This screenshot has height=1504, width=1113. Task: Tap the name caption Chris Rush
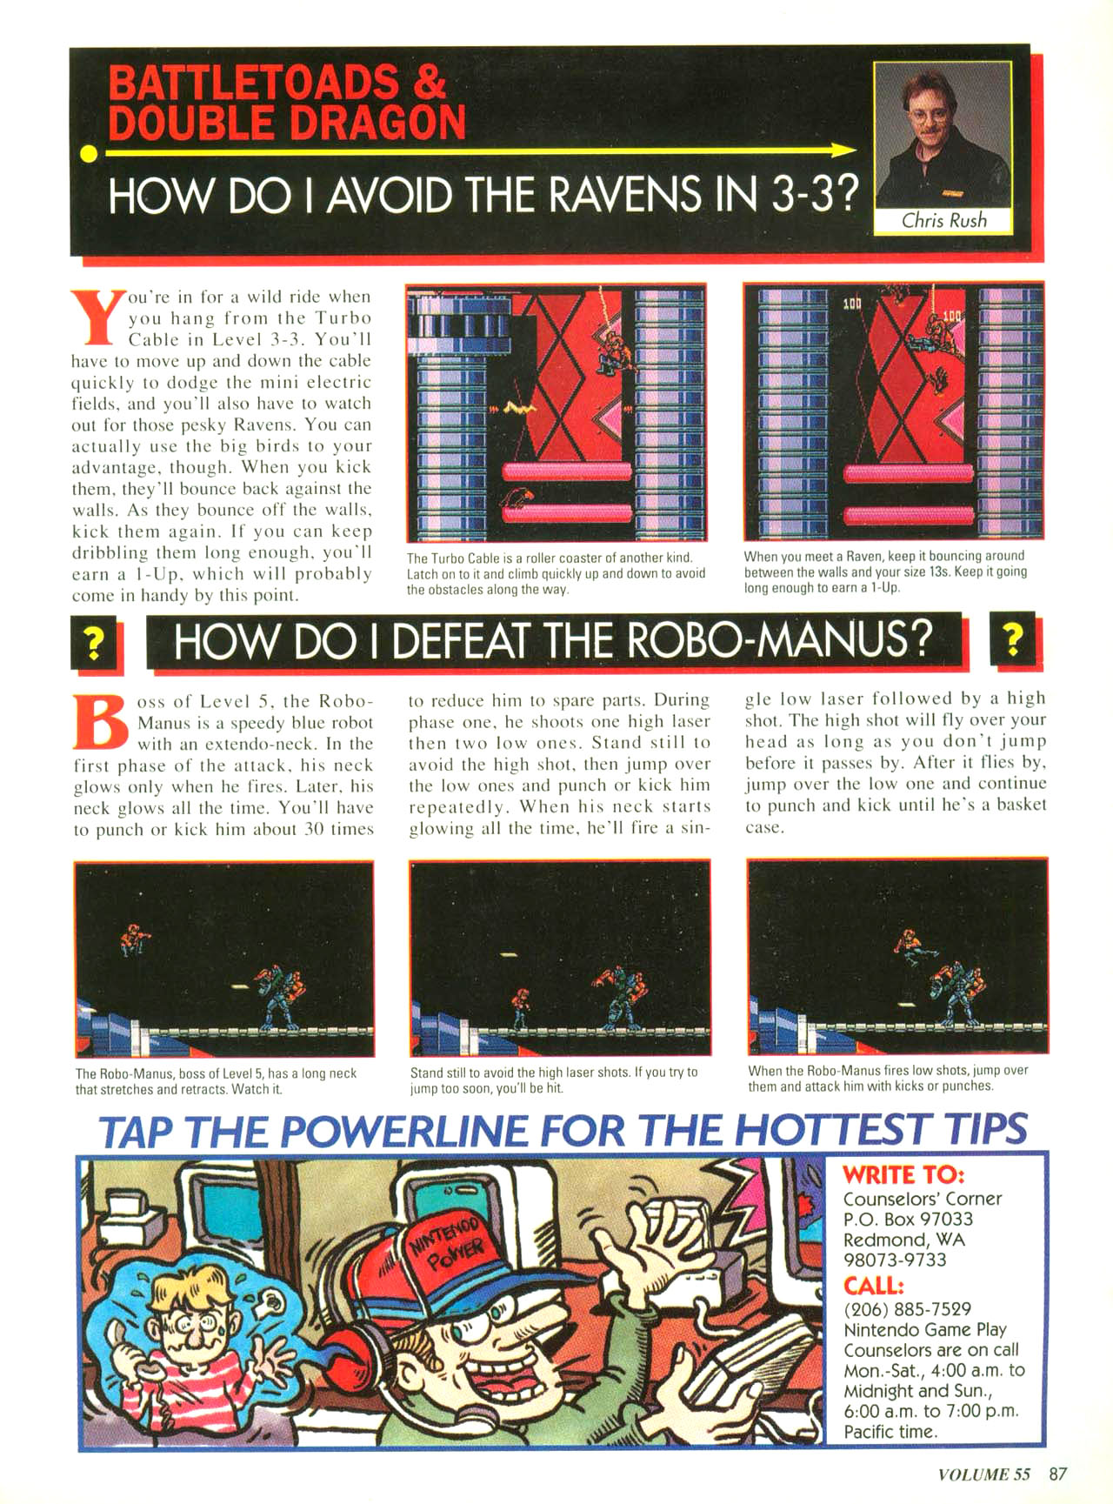[x=943, y=220]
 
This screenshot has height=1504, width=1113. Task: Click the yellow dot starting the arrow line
[x=87, y=154]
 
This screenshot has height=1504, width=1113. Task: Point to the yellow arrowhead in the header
[x=846, y=150]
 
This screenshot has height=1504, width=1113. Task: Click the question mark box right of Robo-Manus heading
[x=1012, y=640]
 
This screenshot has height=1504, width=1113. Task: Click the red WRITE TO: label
[x=903, y=1175]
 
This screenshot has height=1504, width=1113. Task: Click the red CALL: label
[x=874, y=1286]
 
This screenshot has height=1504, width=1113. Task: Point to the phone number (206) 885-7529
[x=907, y=1308]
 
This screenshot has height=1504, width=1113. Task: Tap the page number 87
[x=1057, y=1474]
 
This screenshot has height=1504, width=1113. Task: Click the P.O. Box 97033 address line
[x=908, y=1219]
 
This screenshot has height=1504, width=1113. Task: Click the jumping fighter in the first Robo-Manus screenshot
[x=135, y=939]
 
